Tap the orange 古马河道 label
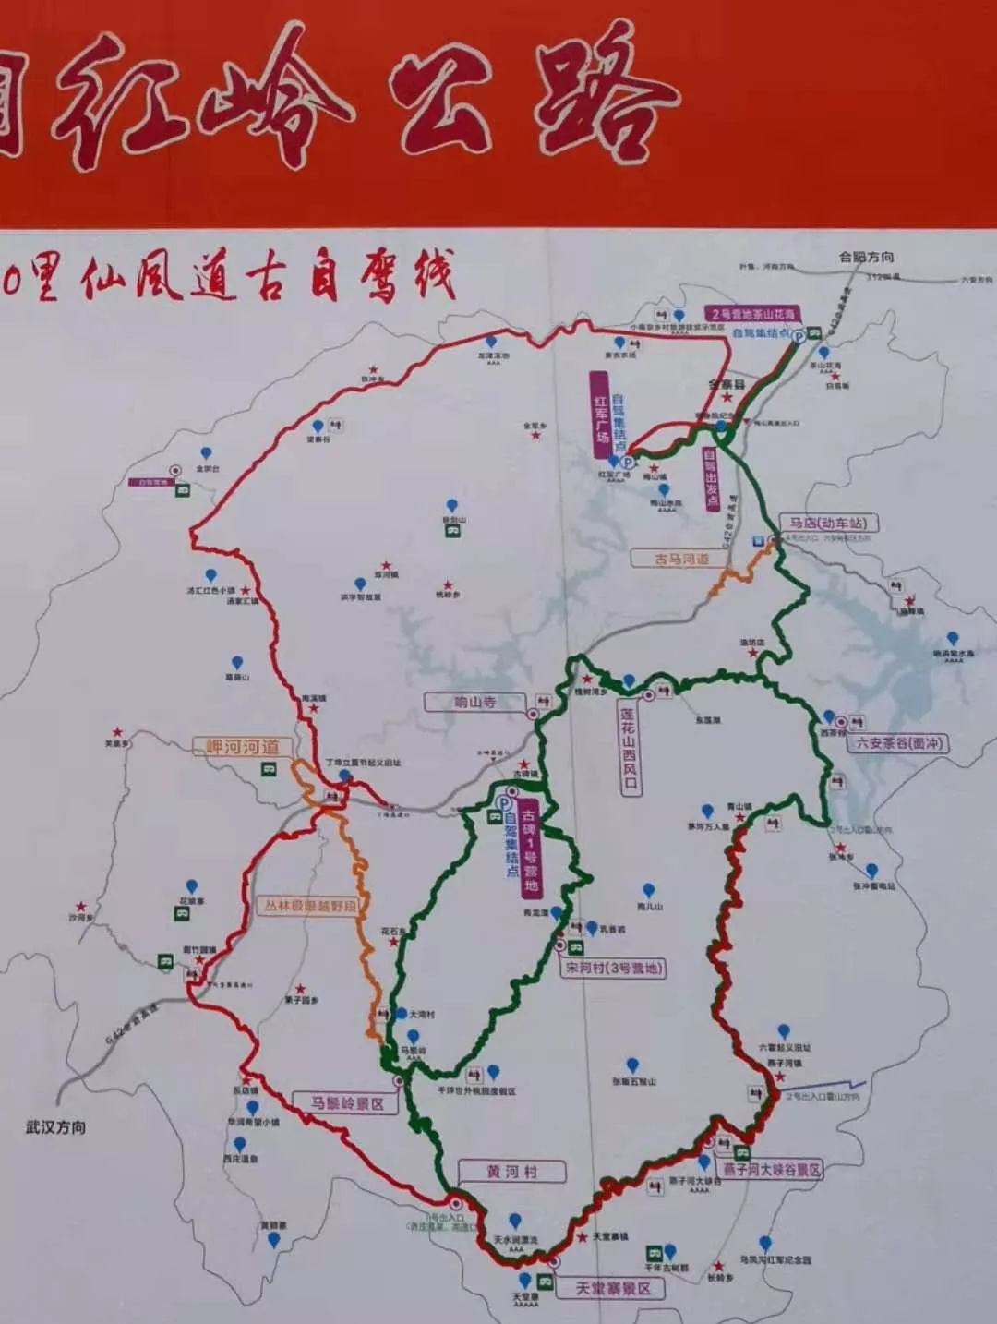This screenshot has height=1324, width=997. click(682, 559)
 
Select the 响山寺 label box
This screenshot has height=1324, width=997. click(475, 703)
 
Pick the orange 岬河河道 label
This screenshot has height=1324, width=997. click(243, 747)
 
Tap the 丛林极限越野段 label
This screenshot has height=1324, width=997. click(310, 906)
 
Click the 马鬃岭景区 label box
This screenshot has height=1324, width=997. click(346, 1103)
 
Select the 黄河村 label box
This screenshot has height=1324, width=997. click(511, 1172)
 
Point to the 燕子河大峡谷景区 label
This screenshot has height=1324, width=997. click(772, 1169)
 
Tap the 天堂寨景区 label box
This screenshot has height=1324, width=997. click(614, 1288)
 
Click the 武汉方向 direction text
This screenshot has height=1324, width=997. click(55, 1127)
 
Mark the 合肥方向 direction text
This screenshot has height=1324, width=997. click(866, 257)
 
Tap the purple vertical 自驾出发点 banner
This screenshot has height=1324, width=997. click(711, 480)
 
